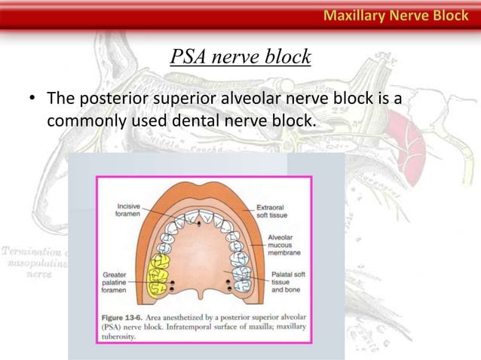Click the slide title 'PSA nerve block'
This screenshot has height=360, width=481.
[240, 56]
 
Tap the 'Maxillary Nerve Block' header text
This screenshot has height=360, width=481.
[397, 14]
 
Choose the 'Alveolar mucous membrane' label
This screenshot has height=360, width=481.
[284, 246]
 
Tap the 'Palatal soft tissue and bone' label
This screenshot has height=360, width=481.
[287, 282]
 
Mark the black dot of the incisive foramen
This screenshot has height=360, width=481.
[198, 224]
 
